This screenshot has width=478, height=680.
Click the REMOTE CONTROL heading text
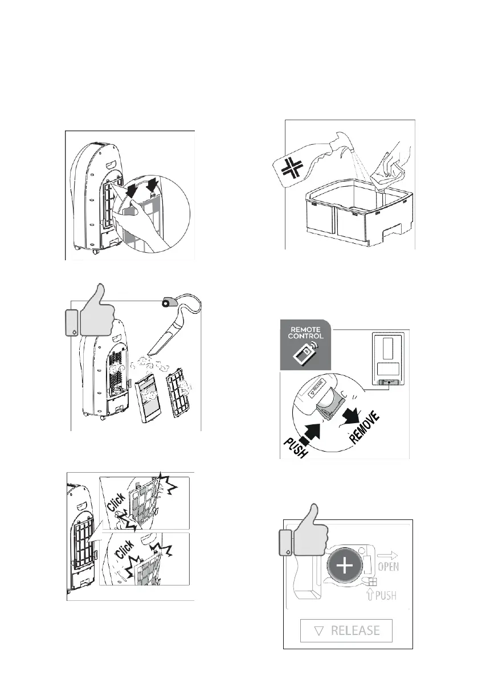tap(305, 333)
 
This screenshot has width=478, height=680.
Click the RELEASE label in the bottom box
tap(347, 630)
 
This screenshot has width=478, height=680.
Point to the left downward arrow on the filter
tap(132, 190)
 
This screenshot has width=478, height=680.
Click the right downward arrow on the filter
tap(152, 183)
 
